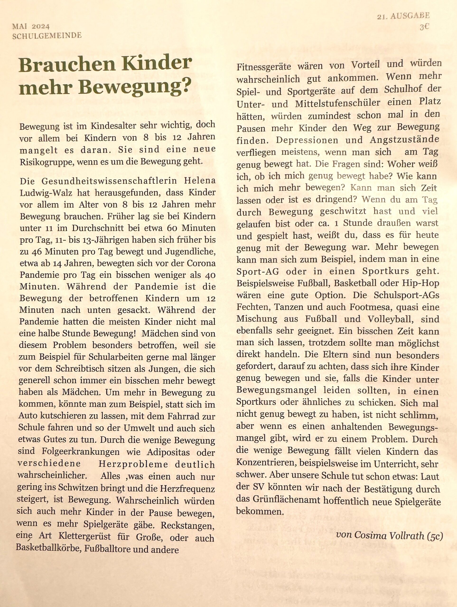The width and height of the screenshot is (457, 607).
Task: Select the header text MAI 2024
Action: [31, 26]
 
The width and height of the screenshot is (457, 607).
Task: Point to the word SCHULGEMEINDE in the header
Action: [47, 36]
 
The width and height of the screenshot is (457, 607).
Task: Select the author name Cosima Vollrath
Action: [389, 535]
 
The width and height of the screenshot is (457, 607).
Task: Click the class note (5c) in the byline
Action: [435, 535]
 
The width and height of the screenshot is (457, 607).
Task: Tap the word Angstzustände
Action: [404, 140]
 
